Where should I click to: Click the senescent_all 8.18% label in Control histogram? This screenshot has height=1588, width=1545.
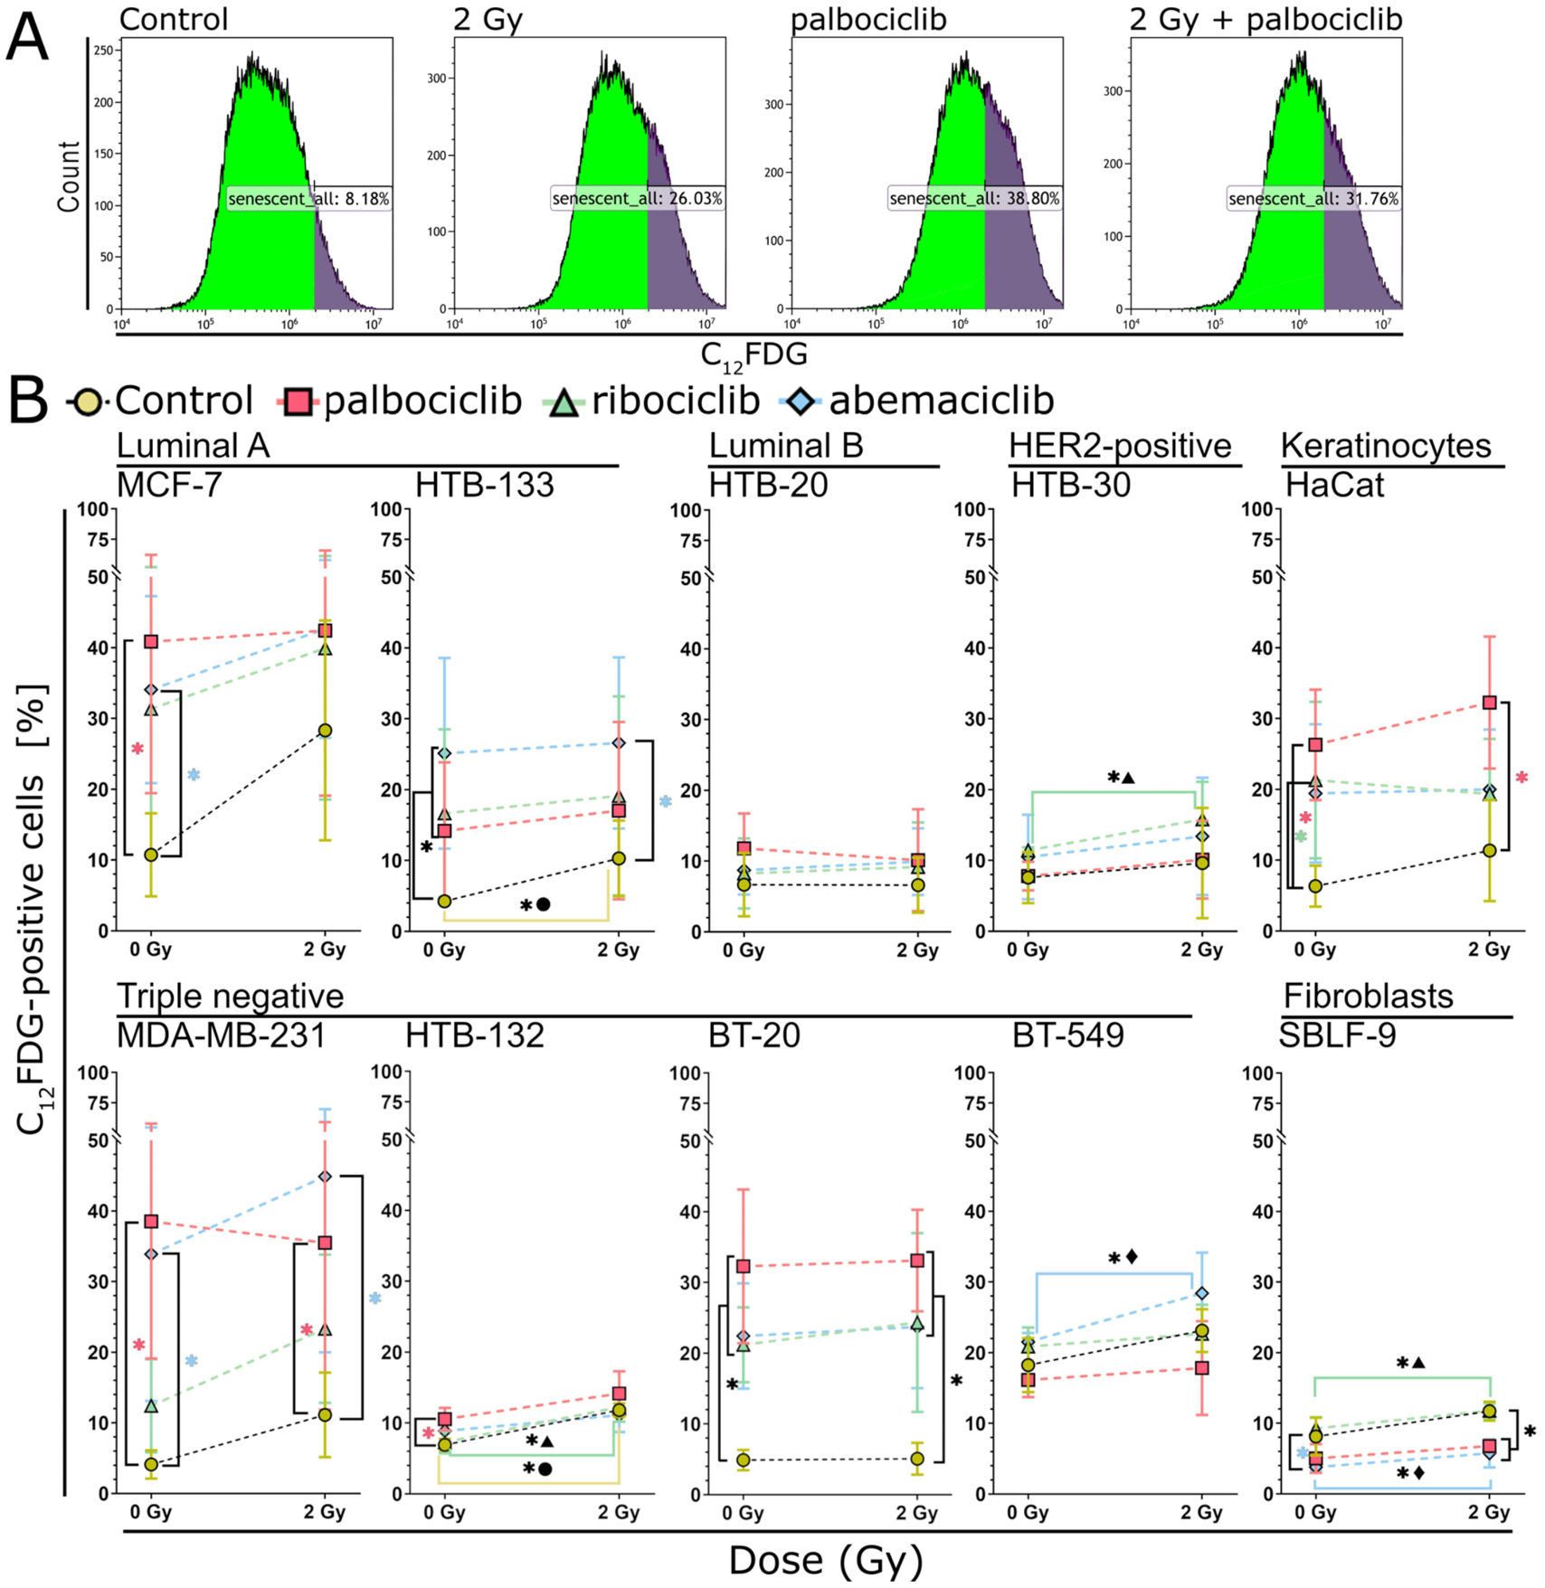point(309,198)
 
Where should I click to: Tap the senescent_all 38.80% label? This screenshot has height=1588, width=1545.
point(974,198)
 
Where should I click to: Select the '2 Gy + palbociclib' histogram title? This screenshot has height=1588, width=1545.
point(1266,19)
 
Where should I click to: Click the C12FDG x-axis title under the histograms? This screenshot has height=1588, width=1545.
point(754,355)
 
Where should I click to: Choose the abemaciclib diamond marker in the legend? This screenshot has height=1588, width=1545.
point(801,401)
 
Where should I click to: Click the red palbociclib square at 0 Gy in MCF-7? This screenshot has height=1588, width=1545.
point(151,641)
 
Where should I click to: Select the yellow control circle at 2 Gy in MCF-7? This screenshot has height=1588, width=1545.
point(325,731)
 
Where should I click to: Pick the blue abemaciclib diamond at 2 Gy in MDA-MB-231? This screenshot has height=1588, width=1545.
point(325,1177)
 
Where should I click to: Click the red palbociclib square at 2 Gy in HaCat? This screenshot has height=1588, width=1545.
point(1489,702)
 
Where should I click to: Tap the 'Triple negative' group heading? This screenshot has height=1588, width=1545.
point(231,996)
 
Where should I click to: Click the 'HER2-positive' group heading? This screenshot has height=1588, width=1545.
point(1120,446)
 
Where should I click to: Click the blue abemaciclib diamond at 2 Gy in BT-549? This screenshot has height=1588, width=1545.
point(1201,1294)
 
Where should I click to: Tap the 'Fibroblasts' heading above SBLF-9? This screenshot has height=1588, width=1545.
point(1369,996)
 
